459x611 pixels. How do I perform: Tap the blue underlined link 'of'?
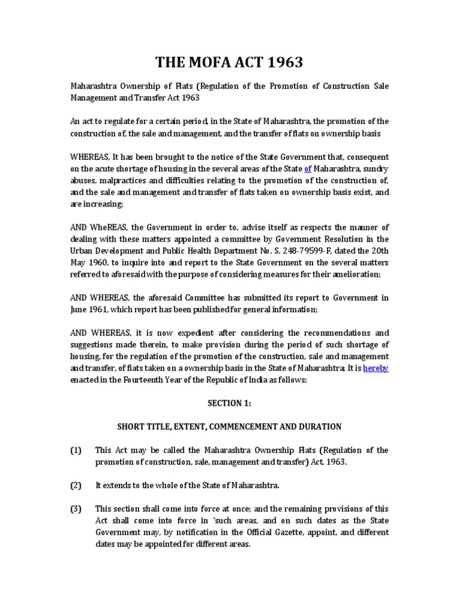point(308,168)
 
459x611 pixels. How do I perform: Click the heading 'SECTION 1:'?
point(229,403)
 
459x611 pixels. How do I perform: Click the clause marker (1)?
point(76,450)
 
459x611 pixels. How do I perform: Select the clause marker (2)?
point(76,485)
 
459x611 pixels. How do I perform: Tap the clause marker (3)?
point(76,508)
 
